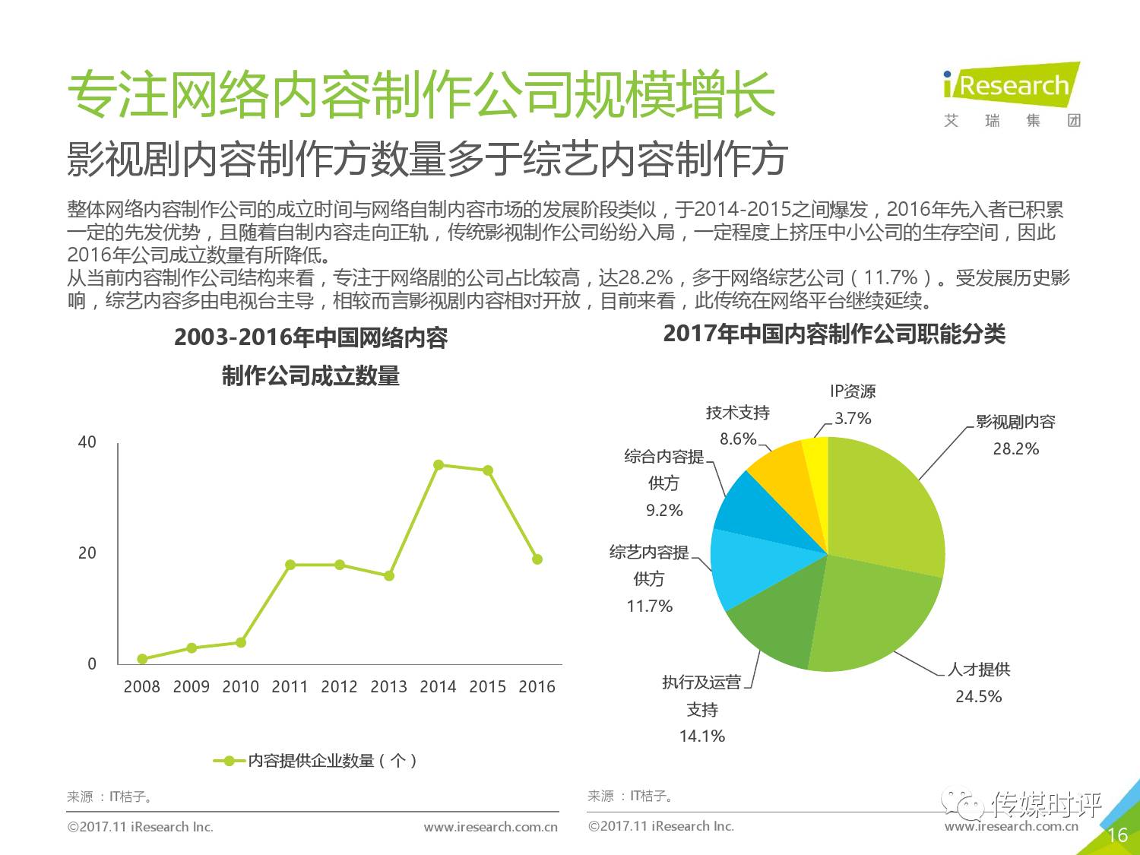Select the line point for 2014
[x=439, y=464]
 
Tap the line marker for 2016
[x=537, y=559]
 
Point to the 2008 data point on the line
[x=142, y=659]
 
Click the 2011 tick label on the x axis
[x=290, y=687]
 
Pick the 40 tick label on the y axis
[x=87, y=442]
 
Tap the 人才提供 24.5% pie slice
[x=874, y=616]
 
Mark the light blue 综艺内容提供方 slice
[x=745, y=566]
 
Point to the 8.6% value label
[x=738, y=439]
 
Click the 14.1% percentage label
[x=702, y=736]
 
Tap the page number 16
[x=1117, y=835]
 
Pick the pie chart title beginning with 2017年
[x=834, y=334]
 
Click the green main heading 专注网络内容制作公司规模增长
[x=422, y=95]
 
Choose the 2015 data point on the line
[x=488, y=470]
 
